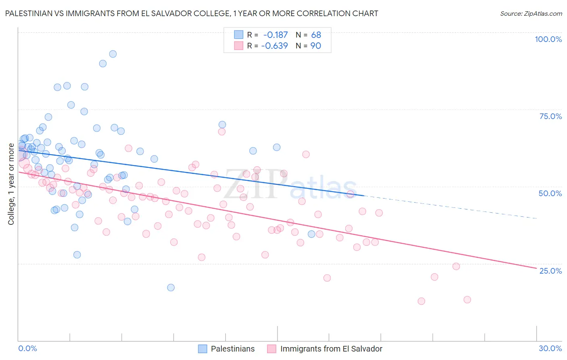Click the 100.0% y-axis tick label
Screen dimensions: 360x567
click(548, 39)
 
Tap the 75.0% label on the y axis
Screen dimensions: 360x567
click(550, 116)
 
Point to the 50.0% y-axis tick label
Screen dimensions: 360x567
click(550, 193)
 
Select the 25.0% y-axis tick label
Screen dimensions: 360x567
click(550, 271)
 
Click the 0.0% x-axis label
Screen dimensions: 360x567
click(27, 348)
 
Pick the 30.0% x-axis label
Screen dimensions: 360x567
click(550, 348)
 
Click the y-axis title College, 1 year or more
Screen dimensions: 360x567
click(11, 184)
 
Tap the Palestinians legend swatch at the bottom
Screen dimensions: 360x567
click(202, 349)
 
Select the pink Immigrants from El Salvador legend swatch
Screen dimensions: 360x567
click(272, 349)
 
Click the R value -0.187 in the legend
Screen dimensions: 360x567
click(275, 35)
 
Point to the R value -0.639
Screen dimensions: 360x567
click(275, 46)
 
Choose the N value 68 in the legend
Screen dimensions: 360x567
click(316, 35)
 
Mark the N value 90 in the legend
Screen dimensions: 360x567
click(316, 46)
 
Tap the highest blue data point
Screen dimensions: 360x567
click(113, 54)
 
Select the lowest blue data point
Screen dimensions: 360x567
click(171, 287)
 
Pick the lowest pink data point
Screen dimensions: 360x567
click(421, 301)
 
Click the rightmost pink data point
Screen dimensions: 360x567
click(467, 299)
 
